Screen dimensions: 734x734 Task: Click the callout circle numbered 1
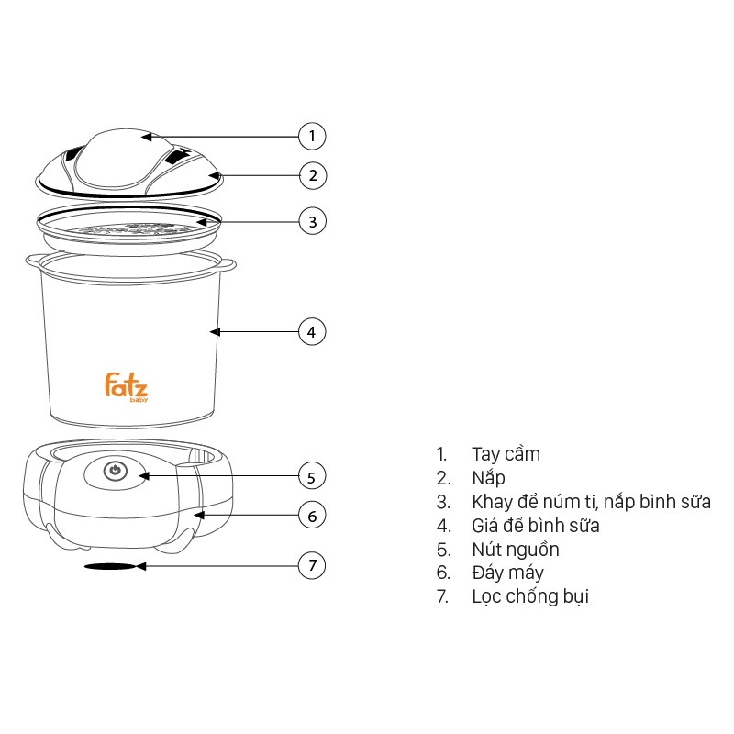click(x=312, y=137)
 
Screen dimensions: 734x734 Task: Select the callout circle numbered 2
click(x=312, y=174)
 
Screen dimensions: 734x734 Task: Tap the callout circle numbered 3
click(x=312, y=221)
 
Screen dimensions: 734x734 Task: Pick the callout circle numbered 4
click(x=312, y=331)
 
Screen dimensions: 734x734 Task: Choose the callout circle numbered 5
click(x=312, y=476)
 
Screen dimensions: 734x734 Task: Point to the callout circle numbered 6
click(x=312, y=516)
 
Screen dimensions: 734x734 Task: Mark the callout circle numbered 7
click(x=312, y=566)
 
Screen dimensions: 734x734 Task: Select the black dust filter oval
click(x=108, y=567)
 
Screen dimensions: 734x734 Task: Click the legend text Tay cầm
click(x=506, y=454)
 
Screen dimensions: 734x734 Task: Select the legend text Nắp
click(x=488, y=478)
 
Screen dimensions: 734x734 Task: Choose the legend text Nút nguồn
click(x=515, y=550)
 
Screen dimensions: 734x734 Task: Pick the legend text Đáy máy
click(x=507, y=573)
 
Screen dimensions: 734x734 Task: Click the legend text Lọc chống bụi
click(x=530, y=597)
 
